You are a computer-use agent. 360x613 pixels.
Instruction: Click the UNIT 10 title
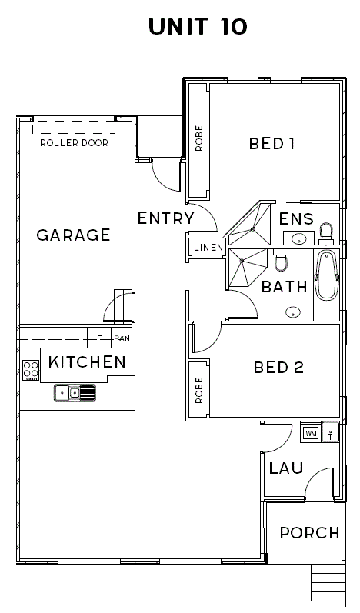tap(198, 27)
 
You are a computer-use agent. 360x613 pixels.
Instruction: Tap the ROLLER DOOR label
tap(75, 143)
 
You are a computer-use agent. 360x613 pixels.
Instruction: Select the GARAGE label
tap(74, 235)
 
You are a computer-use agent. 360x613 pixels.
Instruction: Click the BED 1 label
tap(272, 144)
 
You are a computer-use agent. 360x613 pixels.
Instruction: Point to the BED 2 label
tap(278, 368)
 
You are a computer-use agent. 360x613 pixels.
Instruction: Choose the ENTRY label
tap(166, 218)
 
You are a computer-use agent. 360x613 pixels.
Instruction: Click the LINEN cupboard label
tap(208, 247)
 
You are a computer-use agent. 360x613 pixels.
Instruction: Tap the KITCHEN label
tap(87, 362)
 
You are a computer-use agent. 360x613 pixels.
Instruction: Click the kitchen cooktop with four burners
tap(31, 370)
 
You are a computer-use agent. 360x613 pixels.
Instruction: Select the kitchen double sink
tap(75, 393)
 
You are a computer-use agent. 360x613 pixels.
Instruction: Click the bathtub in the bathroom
tap(327, 276)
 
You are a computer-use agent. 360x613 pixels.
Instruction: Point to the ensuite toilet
tap(325, 231)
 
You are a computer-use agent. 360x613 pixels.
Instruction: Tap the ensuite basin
tap(299, 238)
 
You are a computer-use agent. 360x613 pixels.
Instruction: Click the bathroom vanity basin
tap(293, 312)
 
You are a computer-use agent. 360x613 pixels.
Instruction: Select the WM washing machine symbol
tap(311, 433)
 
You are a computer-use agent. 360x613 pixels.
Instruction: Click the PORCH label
tap(309, 533)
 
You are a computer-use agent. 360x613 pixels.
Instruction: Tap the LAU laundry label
tap(285, 468)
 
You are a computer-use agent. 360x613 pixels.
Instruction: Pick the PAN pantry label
tap(122, 339)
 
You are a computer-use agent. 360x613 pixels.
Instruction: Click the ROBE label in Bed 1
tap(199, 138)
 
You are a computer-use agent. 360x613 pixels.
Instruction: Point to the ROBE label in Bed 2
tap(199, 390)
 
